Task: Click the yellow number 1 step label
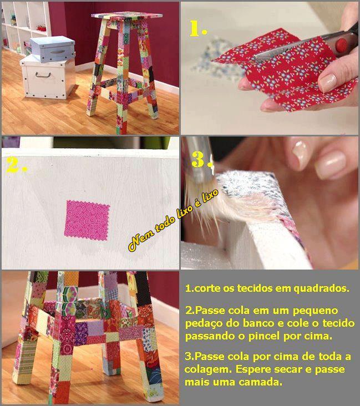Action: pyautogui.click(x=197, y=28)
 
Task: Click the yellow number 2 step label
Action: pyautogui.click(x=16, y=164)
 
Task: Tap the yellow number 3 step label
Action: pyautogui.click(x=202, y=159)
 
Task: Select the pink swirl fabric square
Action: pyautogui.click(x=87, y=220)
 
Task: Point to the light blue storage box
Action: pyautogui.click(x=52, y=49)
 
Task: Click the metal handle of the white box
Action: pyautogui.click(x=43, y=75)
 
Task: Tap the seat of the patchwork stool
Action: pyautogui.click(x=127, y=16)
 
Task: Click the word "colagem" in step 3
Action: pyautogui.click(x=208, y=369)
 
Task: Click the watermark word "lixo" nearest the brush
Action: pyautogui.click(x=210, y=198)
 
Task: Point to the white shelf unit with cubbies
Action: pyautogui.click(x=27, y=28)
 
